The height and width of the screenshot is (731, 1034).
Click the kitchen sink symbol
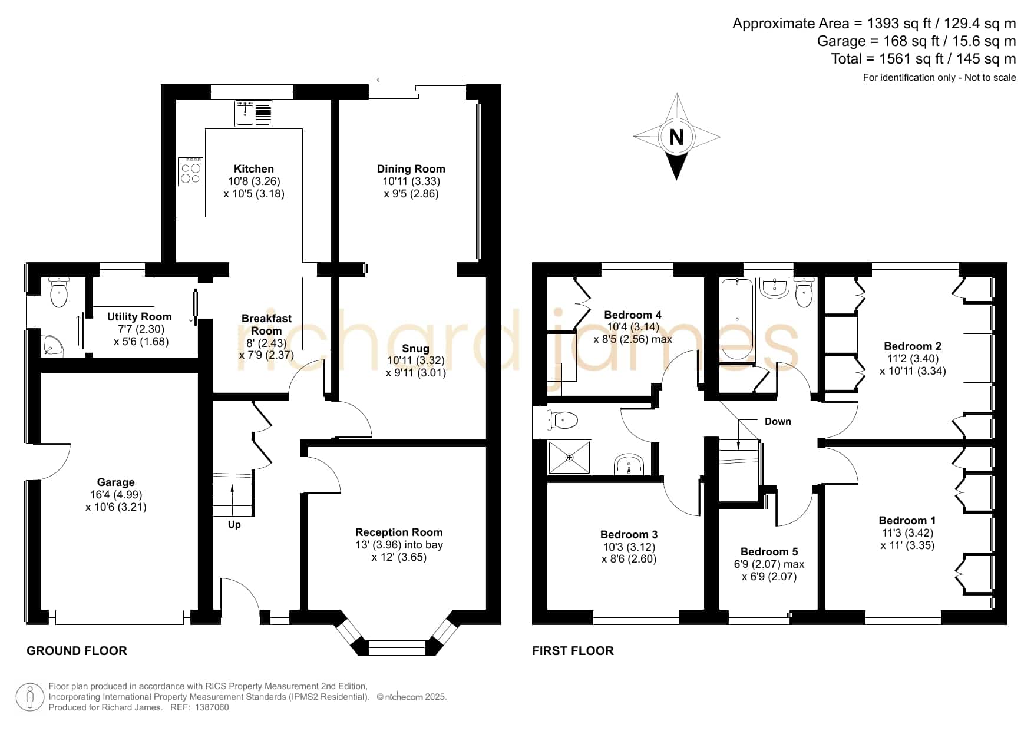255,114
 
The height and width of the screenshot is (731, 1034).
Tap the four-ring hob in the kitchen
191,171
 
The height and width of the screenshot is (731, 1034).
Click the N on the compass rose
676,137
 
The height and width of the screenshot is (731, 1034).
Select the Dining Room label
411,169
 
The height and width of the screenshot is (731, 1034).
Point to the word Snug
415,349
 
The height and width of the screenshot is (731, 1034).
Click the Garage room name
116,482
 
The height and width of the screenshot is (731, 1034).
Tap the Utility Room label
140,317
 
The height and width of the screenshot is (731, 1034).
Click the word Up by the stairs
234,525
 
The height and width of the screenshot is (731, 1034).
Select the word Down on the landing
778,421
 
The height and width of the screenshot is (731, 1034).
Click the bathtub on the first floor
737,319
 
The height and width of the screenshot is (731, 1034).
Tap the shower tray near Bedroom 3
569,457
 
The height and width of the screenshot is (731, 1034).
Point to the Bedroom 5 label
769,552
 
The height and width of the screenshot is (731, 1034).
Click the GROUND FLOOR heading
77,651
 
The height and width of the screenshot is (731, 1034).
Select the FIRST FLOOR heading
573,651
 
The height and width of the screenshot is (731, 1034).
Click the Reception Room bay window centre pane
397,647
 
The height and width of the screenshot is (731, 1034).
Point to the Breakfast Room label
267,325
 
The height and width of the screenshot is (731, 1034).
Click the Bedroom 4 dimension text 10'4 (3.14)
633,328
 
